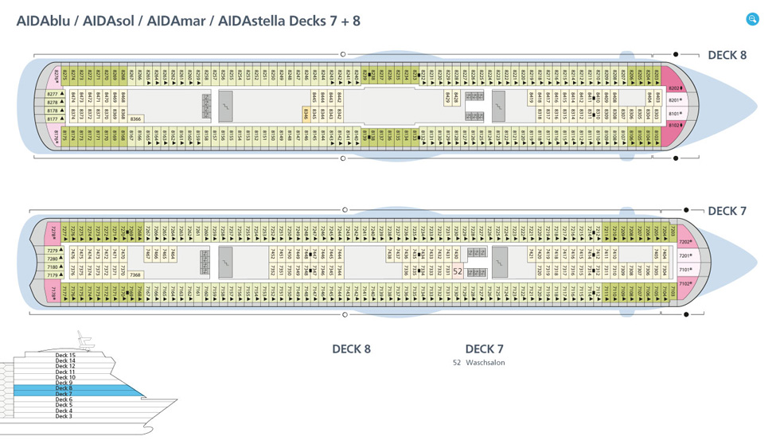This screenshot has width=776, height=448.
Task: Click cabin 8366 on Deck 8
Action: click(135, 119)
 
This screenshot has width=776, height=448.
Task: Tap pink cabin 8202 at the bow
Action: click(675, 88)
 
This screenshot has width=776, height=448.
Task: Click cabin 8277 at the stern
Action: click(53, 94)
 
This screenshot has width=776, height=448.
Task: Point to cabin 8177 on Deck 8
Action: click(53, 119)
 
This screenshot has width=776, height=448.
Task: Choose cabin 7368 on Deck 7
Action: click(135, 275)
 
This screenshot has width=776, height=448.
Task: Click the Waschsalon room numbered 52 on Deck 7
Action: click(457, 271)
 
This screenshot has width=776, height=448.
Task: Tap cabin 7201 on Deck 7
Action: click(684, 256)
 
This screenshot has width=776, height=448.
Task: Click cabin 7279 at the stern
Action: click(53, 251)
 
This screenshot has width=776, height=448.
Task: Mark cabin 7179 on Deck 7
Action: click(53, 275)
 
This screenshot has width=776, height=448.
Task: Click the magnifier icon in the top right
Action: click(752, 19)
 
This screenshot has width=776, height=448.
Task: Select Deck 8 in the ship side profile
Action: click(64, 388)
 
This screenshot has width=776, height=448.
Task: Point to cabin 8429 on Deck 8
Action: click(448, 98)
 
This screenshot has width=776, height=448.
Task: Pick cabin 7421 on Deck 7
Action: click(531, 255)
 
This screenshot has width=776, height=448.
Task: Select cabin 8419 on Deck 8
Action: click(531, 98)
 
